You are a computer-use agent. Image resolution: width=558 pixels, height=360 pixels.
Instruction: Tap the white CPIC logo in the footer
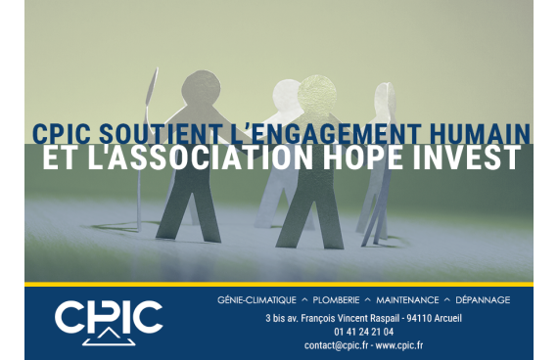pos(109,322)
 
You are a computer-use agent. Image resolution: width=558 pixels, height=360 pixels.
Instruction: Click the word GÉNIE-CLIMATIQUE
pos(256,300)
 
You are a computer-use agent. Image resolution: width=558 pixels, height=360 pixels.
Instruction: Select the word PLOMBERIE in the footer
pos(336,300)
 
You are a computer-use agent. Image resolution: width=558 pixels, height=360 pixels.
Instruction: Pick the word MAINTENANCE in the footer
pos(407,300)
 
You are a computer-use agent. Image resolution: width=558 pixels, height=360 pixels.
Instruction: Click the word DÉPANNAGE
pos(483,300)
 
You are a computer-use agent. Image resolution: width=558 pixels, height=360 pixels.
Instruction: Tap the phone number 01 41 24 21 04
pos(364,332)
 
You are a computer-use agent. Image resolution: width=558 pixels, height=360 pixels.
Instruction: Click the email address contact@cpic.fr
pos(336,345)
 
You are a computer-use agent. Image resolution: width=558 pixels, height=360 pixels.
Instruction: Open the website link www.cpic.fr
pos(399,345)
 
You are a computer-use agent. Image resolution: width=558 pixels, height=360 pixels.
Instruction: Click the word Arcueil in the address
pos(447,318)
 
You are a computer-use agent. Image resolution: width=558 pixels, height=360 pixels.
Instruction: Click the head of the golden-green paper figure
pos(317,95)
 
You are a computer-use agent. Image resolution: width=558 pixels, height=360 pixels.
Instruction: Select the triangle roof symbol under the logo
pos(109,337)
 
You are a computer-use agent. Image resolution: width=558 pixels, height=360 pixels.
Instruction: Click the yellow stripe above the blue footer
pos(279,285)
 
